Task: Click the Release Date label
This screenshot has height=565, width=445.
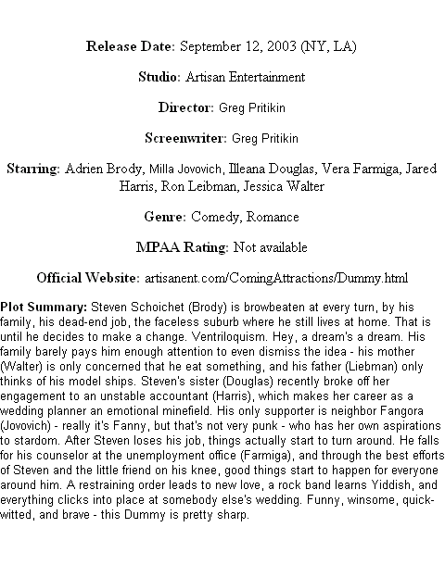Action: click(131, 46)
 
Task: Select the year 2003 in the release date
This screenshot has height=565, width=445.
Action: click(282, 46)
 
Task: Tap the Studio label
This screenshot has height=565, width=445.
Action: click(159, 77)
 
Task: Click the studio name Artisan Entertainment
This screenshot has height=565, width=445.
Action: click(246, 77)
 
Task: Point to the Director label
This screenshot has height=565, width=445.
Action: click(186, 107)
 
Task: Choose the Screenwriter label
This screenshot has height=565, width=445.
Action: click(185, 138)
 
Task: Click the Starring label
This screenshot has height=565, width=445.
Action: click(33, 169)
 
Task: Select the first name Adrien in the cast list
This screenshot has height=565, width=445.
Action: click(83, 169)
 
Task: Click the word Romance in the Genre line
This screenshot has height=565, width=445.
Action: click(273, 217)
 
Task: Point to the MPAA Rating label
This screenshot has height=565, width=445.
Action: click(182, 247)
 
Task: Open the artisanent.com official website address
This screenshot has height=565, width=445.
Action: click(276, 278)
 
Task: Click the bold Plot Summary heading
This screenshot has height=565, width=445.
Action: click(44, 308)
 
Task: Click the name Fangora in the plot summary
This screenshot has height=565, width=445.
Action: click(397, 411)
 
